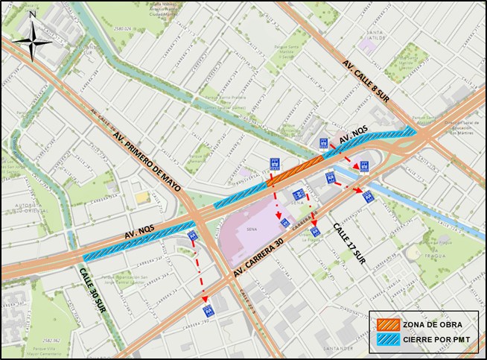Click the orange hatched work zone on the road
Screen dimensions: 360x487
[x=295, y=171]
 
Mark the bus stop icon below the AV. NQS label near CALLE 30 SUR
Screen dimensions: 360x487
[x=192, y=236]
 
